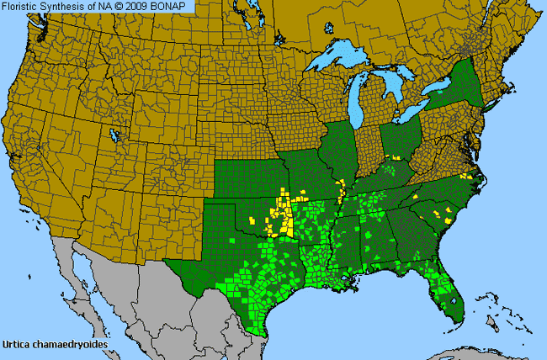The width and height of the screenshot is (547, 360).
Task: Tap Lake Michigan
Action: pos(364,98)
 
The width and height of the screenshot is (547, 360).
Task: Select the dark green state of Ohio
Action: pos(401,138)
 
